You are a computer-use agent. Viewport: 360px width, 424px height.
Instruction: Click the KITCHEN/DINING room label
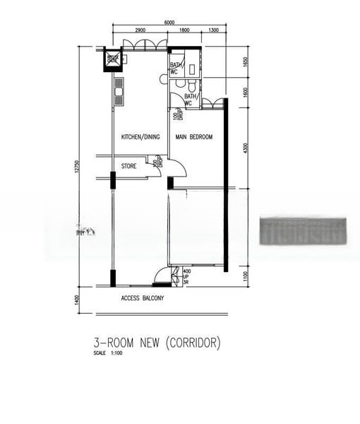click(x=140, y=136)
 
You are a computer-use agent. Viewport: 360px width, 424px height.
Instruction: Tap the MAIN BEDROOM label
click(x=194, y=136)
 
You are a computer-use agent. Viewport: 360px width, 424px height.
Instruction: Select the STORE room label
click(x=128, y=167)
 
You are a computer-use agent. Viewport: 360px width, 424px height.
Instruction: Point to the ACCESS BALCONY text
click(x=143, y=298)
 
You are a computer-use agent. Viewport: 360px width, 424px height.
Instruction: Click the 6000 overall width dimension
click(x=169, y=22)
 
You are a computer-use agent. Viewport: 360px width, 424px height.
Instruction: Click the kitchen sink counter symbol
click(x=119, y=90)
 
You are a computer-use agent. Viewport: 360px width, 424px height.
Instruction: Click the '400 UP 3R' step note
click(x=187, y=276)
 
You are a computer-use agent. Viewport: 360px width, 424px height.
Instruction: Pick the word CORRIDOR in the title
click(x=193, y=343)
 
